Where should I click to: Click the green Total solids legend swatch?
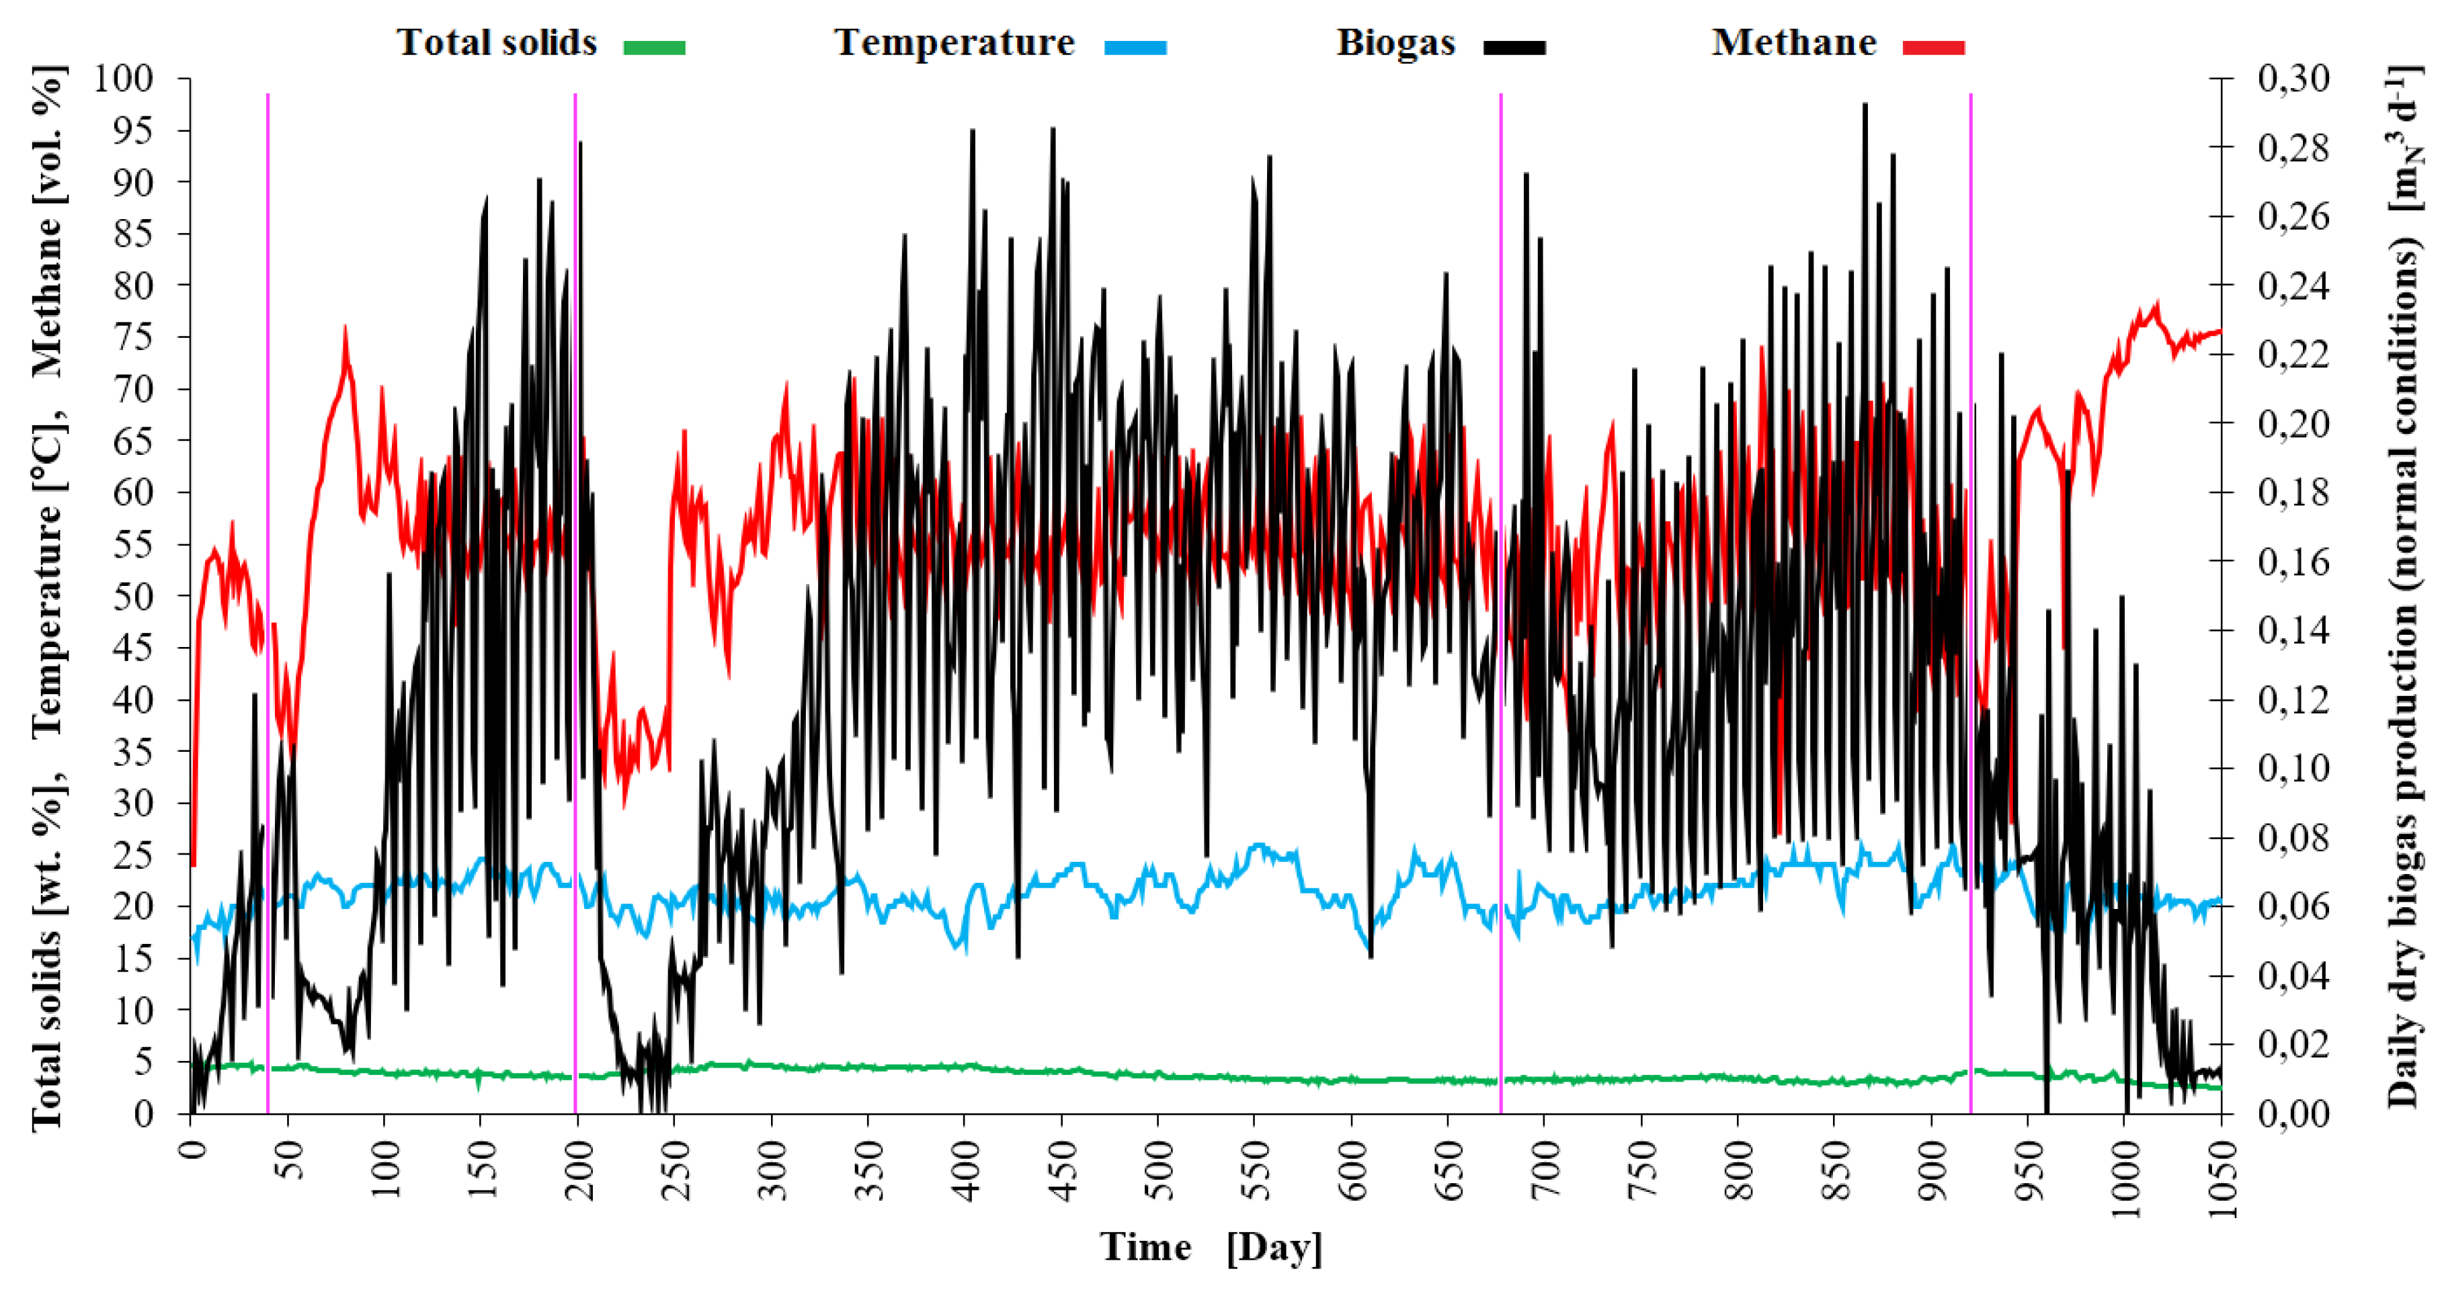[x=654, y=46]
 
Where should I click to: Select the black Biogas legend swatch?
[x=1514, y=46]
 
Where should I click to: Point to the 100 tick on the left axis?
[x=122, y=79]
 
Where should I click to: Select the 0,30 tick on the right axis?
[x=2293, y=79]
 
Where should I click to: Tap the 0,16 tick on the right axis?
[x=2293, y=562]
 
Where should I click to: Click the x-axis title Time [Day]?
[x=1211, y=1248]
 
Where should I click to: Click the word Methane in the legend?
[x=1793, y=43]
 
